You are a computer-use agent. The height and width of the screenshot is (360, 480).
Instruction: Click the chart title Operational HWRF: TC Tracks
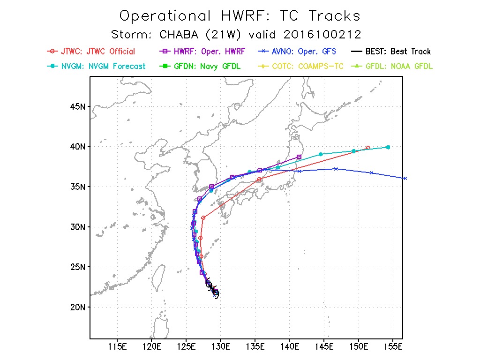click(x=240, y=15)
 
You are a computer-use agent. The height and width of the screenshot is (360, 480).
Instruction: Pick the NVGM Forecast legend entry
click(x=97, y=66)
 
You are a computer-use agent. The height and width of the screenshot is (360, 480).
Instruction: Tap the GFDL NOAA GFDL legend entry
click(x=392, y=66)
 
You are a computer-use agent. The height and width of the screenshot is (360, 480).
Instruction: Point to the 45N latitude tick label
click(x=76, y=106)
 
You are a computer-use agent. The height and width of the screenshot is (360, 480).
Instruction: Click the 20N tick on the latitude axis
click(x=76, y=307)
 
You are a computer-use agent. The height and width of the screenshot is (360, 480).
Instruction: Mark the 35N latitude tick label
click(x=76, y=187)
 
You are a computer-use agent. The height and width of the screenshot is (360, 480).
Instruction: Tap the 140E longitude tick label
click(x=290, y=347)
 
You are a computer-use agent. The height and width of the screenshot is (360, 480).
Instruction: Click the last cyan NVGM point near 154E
click(x=388, y=147)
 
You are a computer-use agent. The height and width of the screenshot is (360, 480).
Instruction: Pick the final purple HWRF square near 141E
click(x=299, y=157)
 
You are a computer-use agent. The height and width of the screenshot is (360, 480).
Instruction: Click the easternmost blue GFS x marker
click(x=405, y=178)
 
